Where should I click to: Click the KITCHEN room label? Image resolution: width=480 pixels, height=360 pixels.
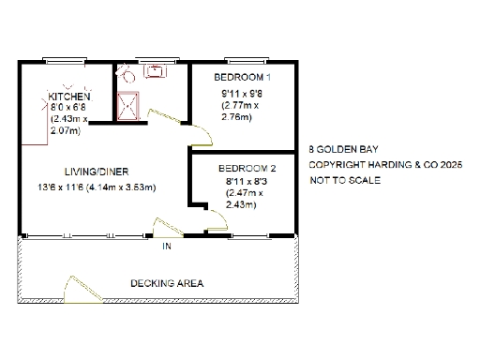click(69, 97)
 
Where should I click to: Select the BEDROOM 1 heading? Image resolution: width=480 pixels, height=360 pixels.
click(243, 76)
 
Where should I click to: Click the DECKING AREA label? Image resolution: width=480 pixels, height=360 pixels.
click(167, 282)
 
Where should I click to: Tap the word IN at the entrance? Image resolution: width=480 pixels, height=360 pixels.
click(166, 247)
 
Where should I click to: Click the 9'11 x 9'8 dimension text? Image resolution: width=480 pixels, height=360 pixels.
click(241, 94)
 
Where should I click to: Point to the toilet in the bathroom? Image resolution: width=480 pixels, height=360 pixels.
click(121, 72)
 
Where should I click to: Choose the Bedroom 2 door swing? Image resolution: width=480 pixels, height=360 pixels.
click(216, 221)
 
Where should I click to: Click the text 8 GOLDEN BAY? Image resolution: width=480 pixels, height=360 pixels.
click(339, 148)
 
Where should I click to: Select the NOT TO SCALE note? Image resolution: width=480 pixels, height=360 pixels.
click(344, 180)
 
